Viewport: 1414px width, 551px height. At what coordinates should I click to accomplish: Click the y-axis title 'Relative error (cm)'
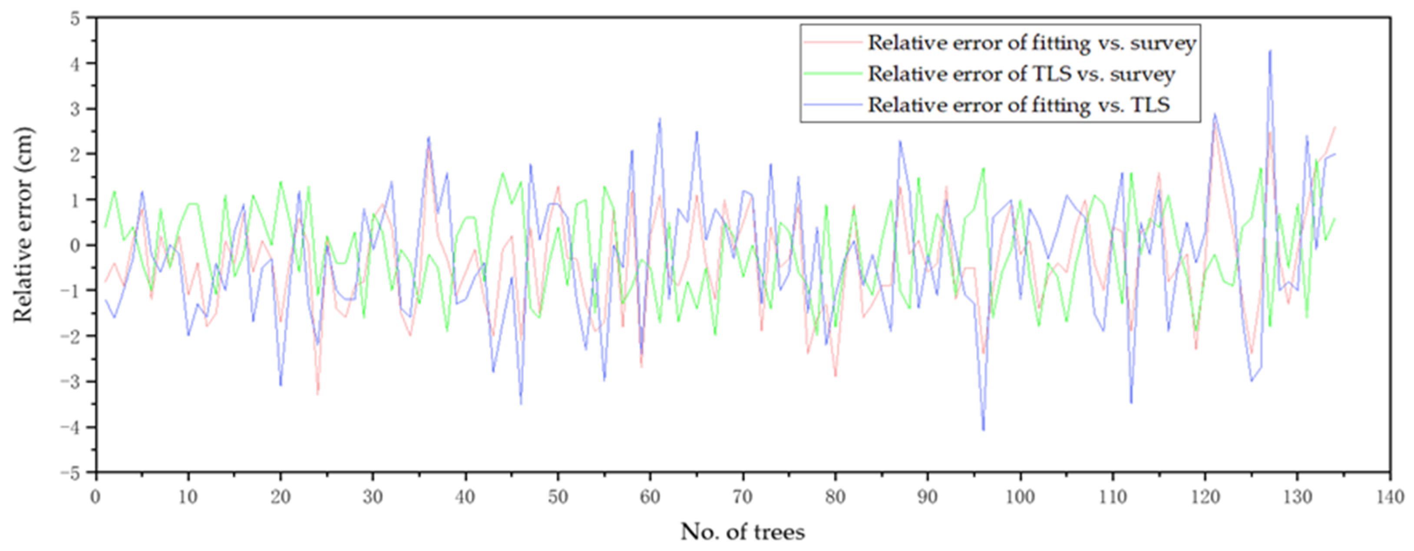pyautogui.click(x=23, y=224)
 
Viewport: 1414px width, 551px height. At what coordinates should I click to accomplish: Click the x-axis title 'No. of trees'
pyautogui.click(x=743, y=531)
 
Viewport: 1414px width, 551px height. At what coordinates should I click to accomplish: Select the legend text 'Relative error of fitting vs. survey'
pyautogui.click(x=1031, y=43)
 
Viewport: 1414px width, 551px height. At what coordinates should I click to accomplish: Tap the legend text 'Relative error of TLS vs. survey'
pyautogui.click(x=1021, y=73)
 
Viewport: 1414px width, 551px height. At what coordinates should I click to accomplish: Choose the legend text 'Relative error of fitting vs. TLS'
pyautogui.click(x=1018, y=104)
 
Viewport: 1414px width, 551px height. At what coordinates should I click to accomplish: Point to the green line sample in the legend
pyautogui.click(x=831, y=73)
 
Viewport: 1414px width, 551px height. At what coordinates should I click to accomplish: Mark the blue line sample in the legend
pyautogui.click(x=831, y=104)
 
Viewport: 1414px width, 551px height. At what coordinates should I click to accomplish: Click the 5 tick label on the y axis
pyautogui.click(x=75, y=18)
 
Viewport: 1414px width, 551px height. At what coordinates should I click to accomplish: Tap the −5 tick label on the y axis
pyautogui.click(x=70, y=472)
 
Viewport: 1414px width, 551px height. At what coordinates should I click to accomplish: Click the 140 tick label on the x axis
pyautogui.click(x=1389, y=497)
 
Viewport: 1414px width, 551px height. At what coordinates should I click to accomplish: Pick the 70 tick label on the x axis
pyautogui.click(x=743, y=497)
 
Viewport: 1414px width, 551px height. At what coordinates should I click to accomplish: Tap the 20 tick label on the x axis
pyautogui.click(x=281, y=497)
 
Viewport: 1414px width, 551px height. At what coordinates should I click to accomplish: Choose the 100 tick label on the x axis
pyautogui.click(x=1020, y=497)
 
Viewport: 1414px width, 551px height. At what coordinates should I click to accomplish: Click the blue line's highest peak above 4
pyautogui.click(x=1270, y=51)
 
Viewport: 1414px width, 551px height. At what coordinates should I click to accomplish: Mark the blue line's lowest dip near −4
pyautogui.click(x=983, y=430)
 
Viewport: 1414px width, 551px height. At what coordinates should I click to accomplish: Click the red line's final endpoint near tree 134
pyautogui.click(x=1335, y=127)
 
